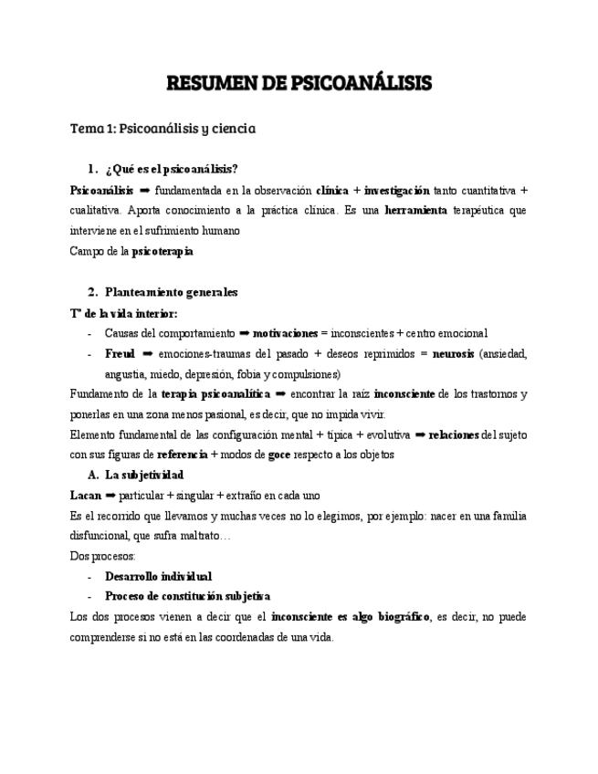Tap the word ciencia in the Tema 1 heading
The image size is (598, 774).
pyautogui.click(x=233, y=129)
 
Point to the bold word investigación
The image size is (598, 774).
pyautogui.click(x=397, y=190)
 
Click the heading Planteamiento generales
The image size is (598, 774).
pyautogui.click(x=171, y=292)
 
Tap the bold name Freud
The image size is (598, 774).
pyautogui.click(x=120, y=353)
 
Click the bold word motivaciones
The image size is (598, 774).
pyautogui.click(x=286, y=333)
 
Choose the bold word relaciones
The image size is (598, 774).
pyautogui.click(x=454, y=434)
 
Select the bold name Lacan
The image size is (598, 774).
pyautogui.click(x=86, y=495)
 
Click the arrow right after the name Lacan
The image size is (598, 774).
pyautogui.click(x=110, y=495)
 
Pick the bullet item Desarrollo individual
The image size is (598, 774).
pyautogui.click(x=158, y=577)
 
